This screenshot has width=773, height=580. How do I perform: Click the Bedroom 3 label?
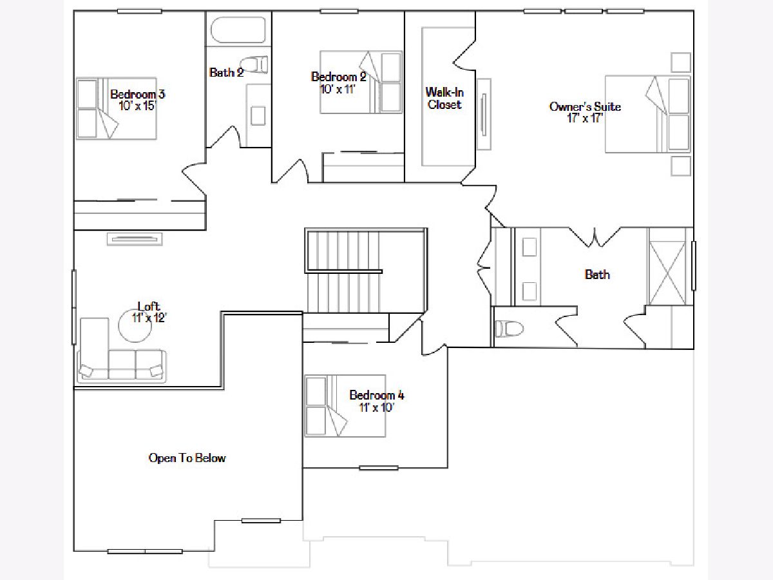[x=137, y=94]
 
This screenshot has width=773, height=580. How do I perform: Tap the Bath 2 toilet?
[x=255, y=65]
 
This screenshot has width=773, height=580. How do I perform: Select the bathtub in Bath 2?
[x=238, y=30]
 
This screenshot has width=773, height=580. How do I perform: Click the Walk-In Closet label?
[x=444, y=98]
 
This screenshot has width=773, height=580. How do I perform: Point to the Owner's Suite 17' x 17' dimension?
[x=585, y=119]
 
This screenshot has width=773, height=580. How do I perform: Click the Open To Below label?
[x=187, y=458]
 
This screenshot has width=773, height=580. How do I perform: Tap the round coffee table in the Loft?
[x=135, y=325]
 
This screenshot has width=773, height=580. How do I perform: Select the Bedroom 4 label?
[x=376, y=395]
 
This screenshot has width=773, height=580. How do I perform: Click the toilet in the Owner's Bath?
[x=508, y=329]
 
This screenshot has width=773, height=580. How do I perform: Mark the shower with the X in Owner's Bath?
[x=667, y=273]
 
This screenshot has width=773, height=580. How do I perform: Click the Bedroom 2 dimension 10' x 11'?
[x=338, y=89]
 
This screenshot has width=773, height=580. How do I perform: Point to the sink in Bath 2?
[x=258, y=116]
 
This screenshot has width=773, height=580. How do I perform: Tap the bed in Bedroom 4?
[x=345, y=406]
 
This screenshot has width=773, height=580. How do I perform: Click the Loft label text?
[x=149, y=306]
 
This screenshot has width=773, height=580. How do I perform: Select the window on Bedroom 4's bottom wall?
[x=379, y=468]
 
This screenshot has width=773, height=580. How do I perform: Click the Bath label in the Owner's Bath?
[x=597, y=275]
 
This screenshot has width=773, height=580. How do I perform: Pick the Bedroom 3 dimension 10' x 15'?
[x=137, y=106]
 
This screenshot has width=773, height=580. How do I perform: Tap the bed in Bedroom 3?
[x=117, y=108]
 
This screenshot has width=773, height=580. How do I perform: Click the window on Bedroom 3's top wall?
[x=139, y=11]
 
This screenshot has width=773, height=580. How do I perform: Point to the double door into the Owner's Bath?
[x=595, y=237]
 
